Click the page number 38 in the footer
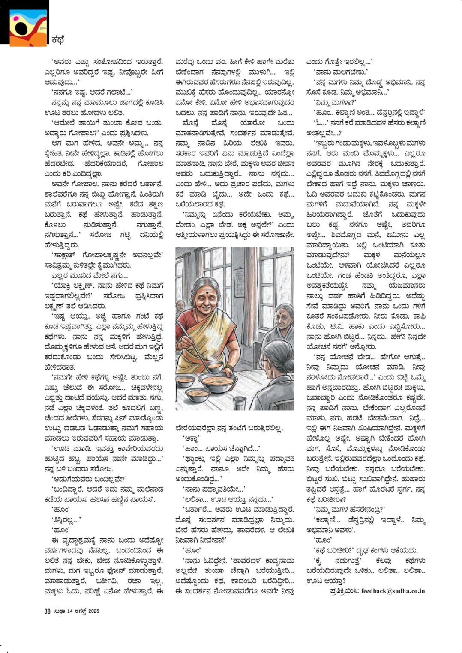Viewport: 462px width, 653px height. [47, 611]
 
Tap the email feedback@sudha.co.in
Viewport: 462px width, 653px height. [393, 591]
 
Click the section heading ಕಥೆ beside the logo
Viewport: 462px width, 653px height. [57, 40]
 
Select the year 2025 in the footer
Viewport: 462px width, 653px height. [93, 611]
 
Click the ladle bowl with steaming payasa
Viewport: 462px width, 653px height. [214, 367]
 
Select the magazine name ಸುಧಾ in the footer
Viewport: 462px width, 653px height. [59, 611]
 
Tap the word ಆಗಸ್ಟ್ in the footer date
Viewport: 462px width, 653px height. [80, 611]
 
